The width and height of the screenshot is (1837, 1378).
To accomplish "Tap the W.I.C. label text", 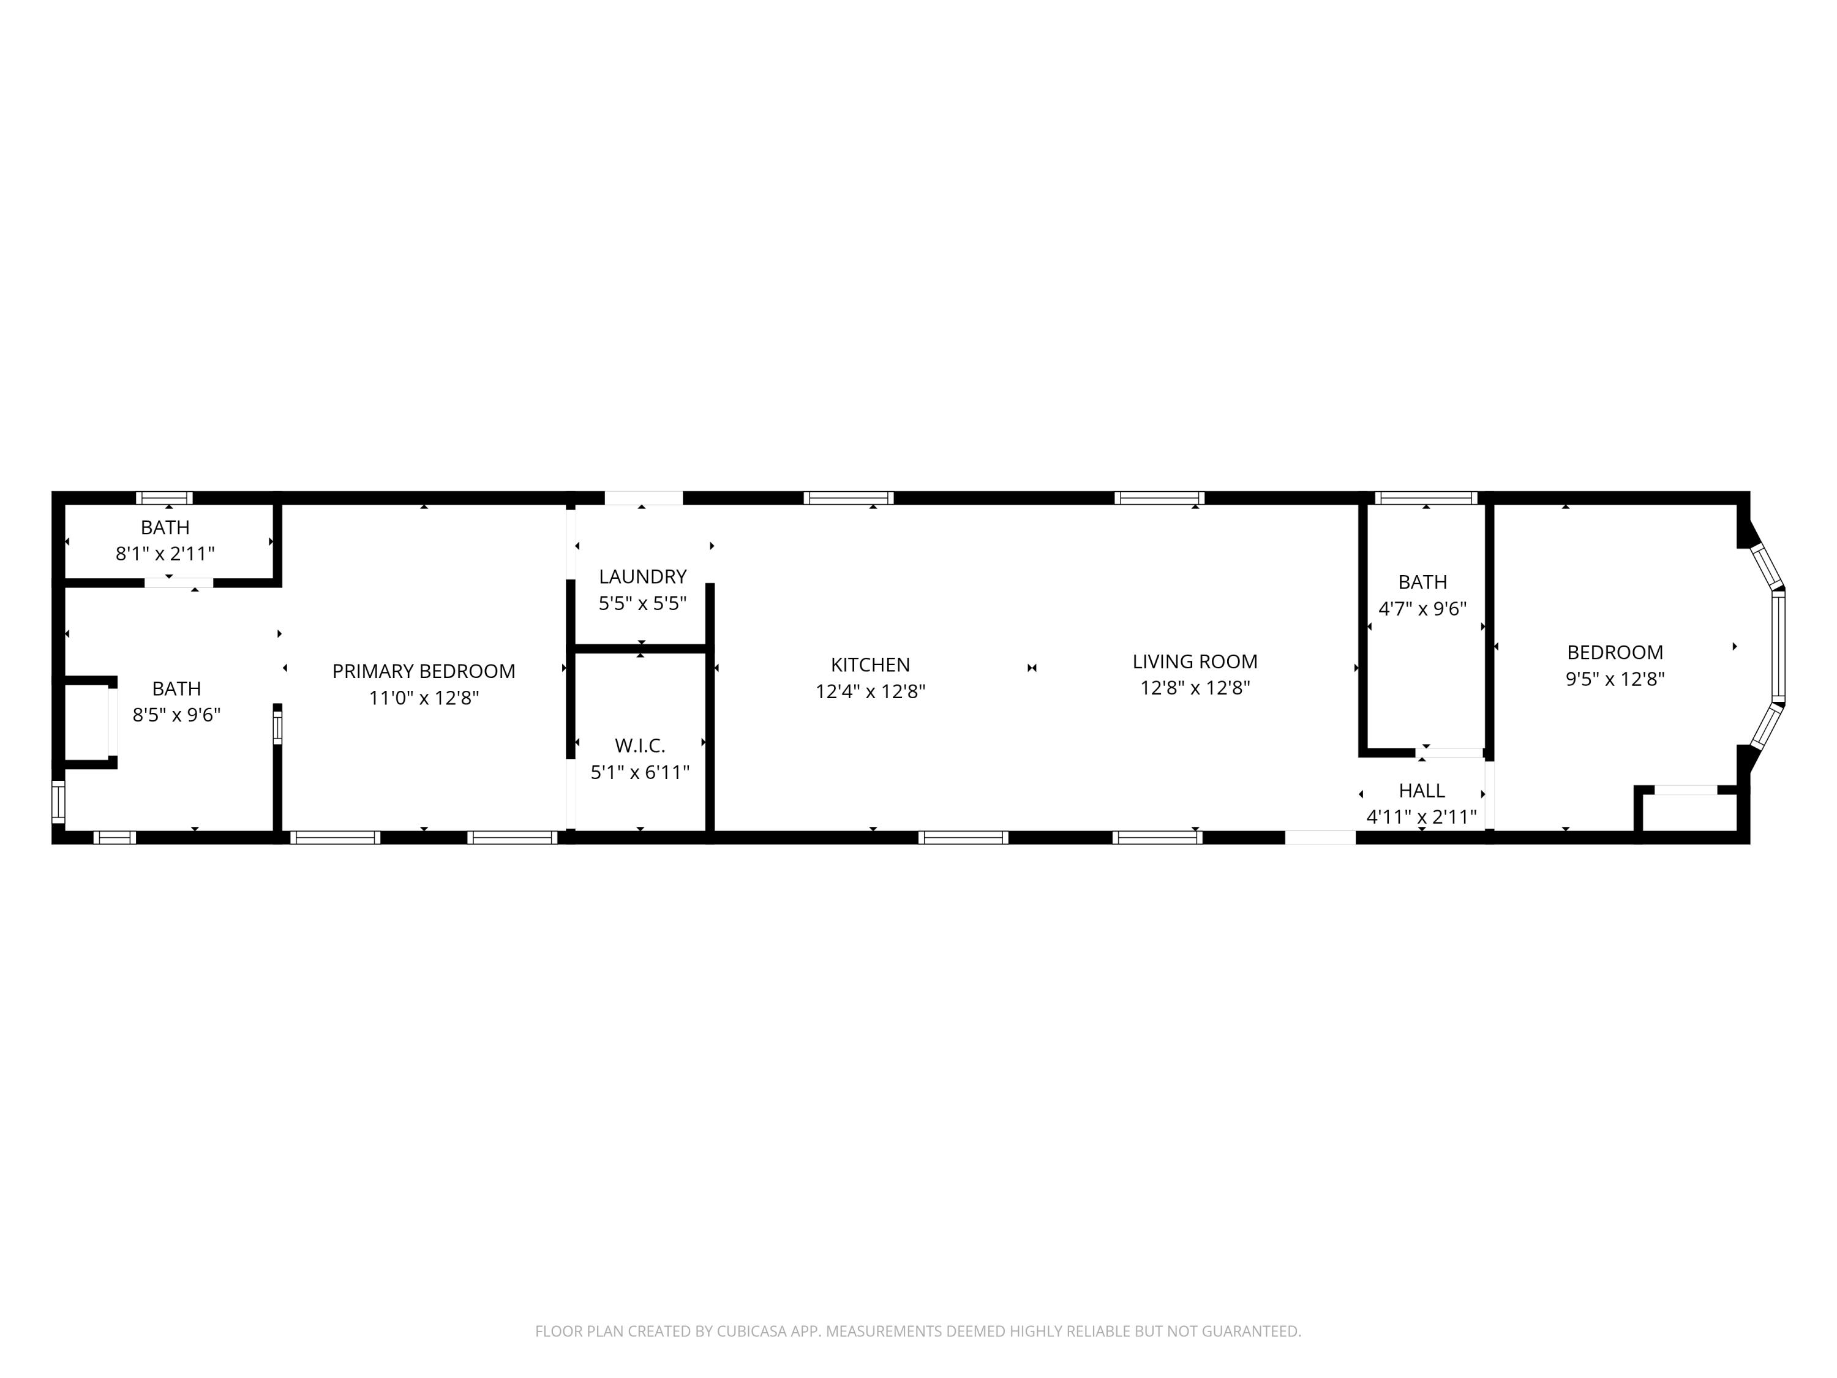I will pos(639,745).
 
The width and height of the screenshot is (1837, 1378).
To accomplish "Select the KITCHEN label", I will pos(870,665).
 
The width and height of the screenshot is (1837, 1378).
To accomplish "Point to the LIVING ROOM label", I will pos(1194,661).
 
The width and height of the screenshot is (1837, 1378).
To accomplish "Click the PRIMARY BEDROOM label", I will pos(424,671).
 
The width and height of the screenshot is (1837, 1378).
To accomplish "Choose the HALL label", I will pos(1421,790).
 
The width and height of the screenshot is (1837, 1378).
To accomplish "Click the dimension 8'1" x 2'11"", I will pos(165,553).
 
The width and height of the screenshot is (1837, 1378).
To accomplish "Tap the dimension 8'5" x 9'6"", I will pos(176,714).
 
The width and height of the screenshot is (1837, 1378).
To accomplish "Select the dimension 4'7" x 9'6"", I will pos(1422,609).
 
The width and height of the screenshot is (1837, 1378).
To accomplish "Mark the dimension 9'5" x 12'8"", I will pos(1615,679).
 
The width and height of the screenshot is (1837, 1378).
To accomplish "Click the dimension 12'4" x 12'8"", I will pos(870,691).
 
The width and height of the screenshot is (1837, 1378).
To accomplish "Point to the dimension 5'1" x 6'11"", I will pos(639,772).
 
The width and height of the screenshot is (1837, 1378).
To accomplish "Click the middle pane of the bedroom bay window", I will pos(1777,647).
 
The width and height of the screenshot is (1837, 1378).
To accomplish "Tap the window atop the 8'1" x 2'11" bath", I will pos(165,499).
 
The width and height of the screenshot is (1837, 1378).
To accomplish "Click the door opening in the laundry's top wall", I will pos(643,499).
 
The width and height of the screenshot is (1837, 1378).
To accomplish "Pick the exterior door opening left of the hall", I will pos(1320,837).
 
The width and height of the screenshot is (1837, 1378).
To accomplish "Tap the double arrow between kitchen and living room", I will pos(1031,668).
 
